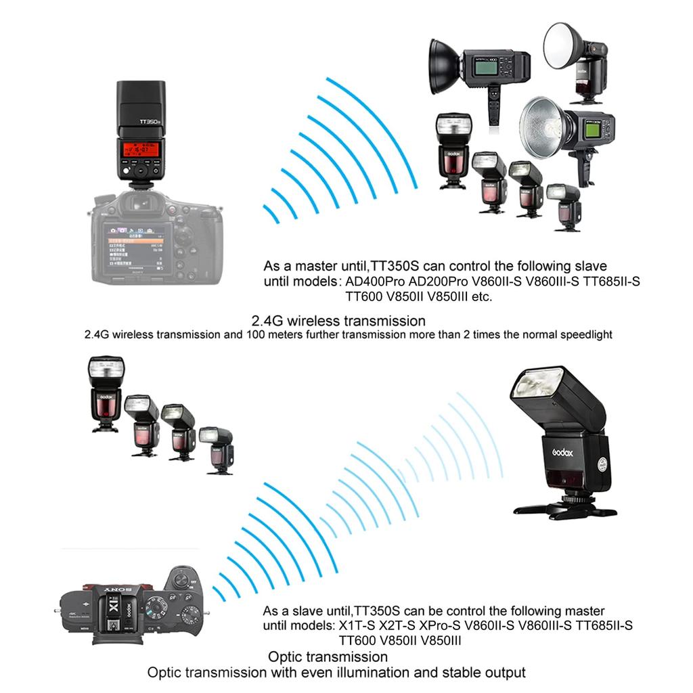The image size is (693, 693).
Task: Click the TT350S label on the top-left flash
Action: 148,124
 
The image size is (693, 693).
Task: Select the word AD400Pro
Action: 371,282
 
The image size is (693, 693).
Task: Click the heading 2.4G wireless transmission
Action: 338,320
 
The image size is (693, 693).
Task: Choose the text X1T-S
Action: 353,626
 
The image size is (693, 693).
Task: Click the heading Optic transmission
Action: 328,656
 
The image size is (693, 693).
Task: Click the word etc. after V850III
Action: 480,296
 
